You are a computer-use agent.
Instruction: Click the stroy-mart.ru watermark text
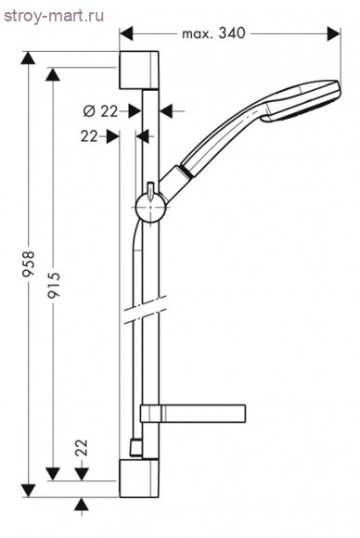(x=54, y=16)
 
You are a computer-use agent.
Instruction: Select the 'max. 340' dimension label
(x=213, y=33)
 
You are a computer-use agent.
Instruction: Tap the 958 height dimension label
(x=29, y=263)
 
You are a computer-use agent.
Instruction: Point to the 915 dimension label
(x=54, y=285)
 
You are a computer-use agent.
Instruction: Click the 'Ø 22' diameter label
(x=100, y=111)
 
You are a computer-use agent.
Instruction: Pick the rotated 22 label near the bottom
(x=82, y=447)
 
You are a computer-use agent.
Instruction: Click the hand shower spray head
(x=302, y=100)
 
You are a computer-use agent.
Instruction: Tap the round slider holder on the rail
(x=151, y=207)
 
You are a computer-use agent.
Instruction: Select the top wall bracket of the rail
(x=139, y=70)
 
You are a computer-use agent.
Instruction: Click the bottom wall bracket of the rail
(x=139, y=479)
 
